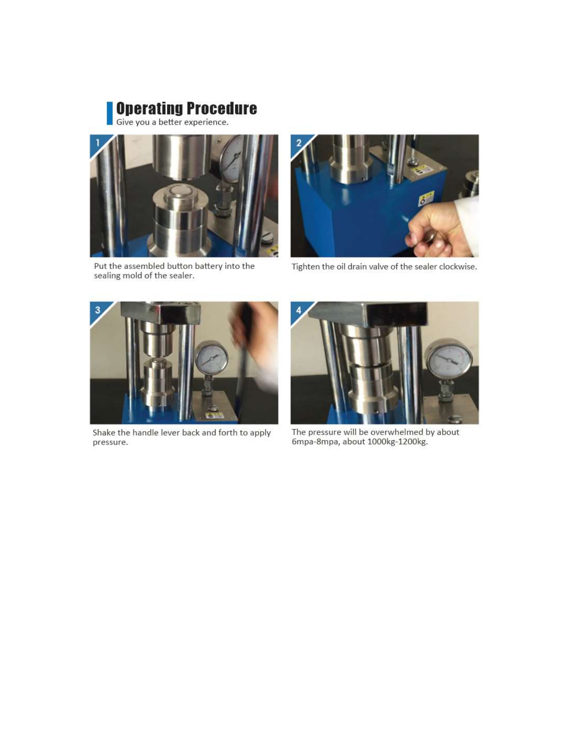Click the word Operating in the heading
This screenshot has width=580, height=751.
click(150, 108)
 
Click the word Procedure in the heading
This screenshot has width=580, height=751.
click(222, 108)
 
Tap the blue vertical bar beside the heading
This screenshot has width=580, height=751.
click(110, 113)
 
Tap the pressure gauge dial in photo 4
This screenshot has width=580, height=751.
click(449, 360)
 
